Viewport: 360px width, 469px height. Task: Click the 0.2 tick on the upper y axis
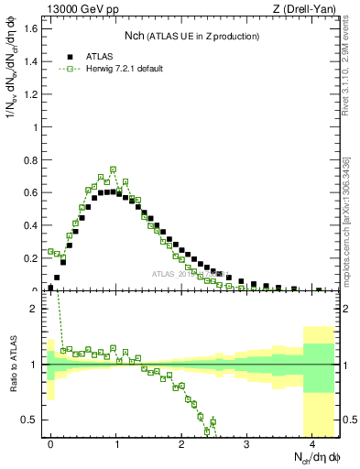[33, 258]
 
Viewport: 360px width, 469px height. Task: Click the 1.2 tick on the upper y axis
[33, 94]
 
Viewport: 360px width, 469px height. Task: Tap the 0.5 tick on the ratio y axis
[33, 420]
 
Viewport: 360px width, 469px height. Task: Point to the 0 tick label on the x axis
[51, 442]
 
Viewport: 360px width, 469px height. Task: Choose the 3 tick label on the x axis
[246, 442]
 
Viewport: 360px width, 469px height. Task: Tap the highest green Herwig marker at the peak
[113, 169]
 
